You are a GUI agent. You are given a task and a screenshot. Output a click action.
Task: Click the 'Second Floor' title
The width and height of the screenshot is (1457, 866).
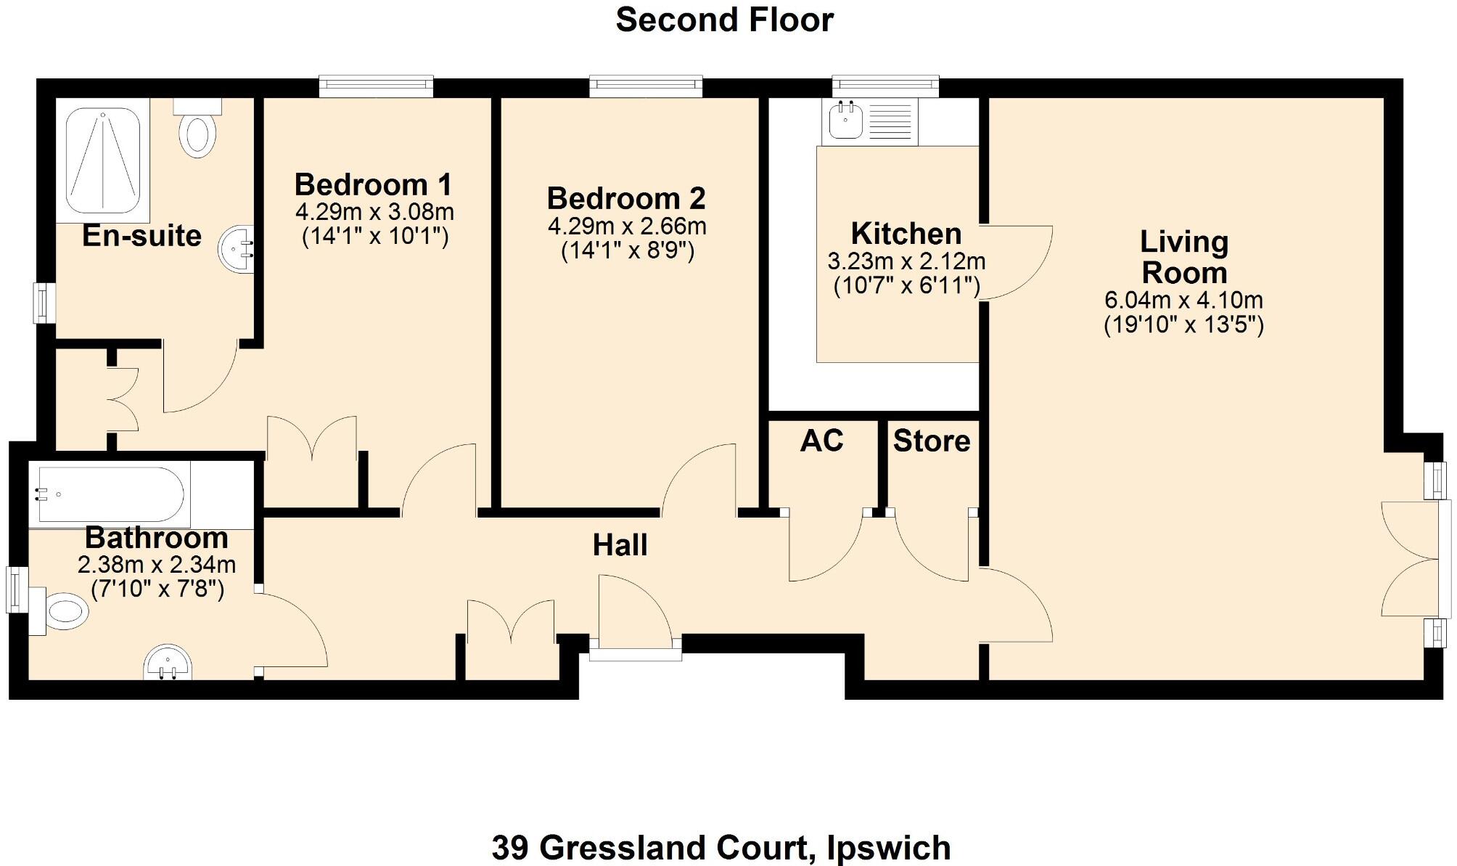[724, 20]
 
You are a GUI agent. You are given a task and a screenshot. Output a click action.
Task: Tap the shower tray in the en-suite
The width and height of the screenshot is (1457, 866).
[102, 161]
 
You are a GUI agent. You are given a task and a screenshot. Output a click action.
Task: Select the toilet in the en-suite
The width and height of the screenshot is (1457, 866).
[197, 131]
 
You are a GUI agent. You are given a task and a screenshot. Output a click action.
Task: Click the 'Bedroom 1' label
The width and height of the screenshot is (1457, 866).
[373, 184]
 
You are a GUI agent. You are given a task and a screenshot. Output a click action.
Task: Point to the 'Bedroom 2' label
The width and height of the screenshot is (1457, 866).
[625, 198]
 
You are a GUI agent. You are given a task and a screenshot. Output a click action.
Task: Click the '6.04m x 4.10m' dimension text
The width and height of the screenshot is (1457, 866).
[1183, 300]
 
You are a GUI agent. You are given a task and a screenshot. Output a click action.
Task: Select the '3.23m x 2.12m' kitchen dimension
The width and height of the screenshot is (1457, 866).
[906, 261]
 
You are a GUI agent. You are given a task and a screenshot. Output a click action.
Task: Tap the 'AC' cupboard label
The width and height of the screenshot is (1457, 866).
[821, 441]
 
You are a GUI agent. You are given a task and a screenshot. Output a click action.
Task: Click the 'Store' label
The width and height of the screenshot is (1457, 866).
[932, 441]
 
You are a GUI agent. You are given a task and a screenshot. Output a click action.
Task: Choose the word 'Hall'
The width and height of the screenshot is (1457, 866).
[620, 545]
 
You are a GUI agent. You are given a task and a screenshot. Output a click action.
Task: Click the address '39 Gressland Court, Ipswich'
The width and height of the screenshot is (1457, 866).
[721, 847]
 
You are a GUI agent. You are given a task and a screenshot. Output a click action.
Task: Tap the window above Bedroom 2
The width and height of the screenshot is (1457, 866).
[646, 86]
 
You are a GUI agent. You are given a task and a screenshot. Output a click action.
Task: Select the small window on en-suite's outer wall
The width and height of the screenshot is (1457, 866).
[45, 303]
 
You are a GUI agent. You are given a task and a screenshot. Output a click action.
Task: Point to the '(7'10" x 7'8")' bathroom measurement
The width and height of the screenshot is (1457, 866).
[157, 589]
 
